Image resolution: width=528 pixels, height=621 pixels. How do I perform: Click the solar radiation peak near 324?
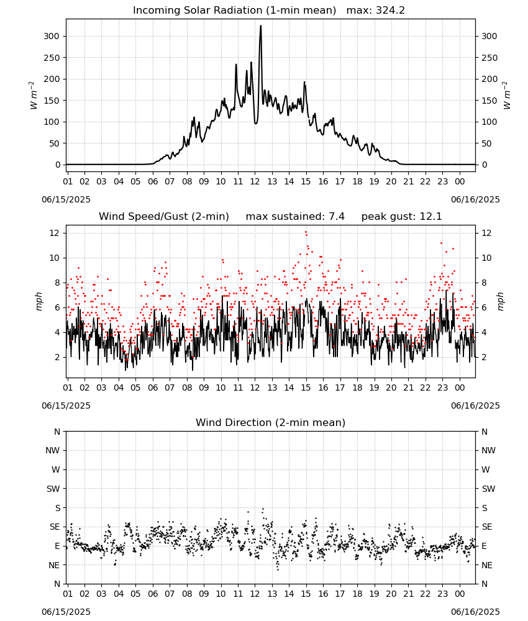(x=261, y=26)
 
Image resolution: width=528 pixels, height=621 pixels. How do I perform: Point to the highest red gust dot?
(x=306, y=232)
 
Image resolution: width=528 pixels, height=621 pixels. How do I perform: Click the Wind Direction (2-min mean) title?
(x=271, y=422)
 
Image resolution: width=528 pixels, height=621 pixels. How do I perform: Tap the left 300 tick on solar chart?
(x=52, y=36)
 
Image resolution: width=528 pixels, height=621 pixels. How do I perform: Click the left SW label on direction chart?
(x=53, y=489)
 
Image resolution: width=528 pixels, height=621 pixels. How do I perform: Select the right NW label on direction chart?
(x=488, y=450)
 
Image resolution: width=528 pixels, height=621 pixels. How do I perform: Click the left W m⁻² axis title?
(x=34, y=96)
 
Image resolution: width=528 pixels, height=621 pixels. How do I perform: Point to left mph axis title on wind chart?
(x=39, y=301)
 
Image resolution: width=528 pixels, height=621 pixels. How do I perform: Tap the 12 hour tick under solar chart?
(x=255, y=181)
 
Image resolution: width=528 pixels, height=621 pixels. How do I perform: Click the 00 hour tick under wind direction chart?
(x=460, y=594)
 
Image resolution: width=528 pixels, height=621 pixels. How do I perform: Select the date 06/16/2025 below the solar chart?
(x=475, y=199)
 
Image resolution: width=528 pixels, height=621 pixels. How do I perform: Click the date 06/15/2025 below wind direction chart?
(x=66, y=612)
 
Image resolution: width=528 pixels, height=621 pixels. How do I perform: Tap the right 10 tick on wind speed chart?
(x=486, y=258)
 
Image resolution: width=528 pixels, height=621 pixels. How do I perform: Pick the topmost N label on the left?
(x=57, y=432)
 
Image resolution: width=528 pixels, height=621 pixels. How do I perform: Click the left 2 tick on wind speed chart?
(x=57, y=357)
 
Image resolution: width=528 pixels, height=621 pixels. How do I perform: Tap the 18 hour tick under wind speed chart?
(x=357, y=388)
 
